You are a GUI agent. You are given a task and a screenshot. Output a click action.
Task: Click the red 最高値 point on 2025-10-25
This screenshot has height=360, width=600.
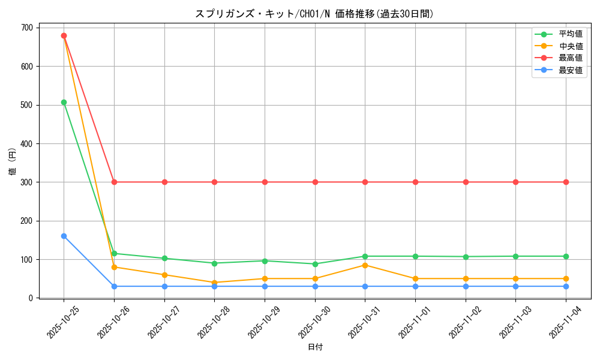coord(64,35)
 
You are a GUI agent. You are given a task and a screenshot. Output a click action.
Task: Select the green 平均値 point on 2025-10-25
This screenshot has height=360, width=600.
coord(64,102)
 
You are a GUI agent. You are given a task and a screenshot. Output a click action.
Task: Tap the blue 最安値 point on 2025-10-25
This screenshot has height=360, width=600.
coord(64,236)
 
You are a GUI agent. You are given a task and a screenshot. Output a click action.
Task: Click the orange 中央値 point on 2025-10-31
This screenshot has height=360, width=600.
coord(365,265)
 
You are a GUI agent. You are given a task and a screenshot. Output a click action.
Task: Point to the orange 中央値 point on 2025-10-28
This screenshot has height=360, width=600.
coord(214,283)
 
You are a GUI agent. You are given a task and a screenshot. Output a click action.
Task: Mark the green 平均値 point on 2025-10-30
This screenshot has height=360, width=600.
coord(315,264)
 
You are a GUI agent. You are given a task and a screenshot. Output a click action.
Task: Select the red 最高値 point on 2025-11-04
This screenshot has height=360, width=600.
coord(566,182)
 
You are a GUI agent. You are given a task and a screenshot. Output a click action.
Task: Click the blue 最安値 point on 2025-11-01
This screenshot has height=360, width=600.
coord(415,286)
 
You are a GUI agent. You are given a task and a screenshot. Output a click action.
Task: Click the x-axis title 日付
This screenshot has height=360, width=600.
coord(315,347)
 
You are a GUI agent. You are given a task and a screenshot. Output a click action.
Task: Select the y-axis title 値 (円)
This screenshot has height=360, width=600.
coord(13,161)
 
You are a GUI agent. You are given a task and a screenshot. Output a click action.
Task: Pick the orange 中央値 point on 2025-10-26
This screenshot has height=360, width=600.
coord(114,267)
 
